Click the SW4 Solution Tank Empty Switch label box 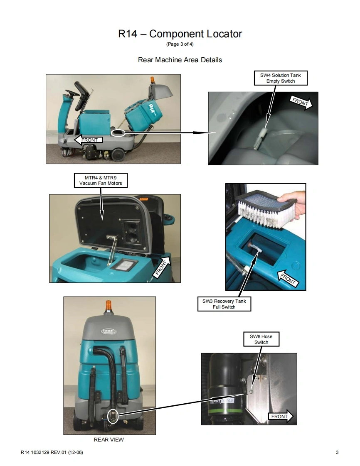point(281,78)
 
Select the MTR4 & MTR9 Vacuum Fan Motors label point(101,180)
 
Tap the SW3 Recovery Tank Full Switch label point(224,304)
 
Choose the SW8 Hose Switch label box point(261,339)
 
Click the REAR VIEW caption point(108,439)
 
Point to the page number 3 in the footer point(337,452)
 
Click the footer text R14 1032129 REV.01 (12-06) point(52,452)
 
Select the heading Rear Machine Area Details point(180,60)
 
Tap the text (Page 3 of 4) point(180,44)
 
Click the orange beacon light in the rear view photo point(109,306)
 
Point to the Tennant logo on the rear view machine point(108,331)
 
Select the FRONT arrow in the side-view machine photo point(89,140)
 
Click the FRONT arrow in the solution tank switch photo point(301,103)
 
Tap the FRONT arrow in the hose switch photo point(281,417)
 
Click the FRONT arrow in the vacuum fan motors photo point(162,267)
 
